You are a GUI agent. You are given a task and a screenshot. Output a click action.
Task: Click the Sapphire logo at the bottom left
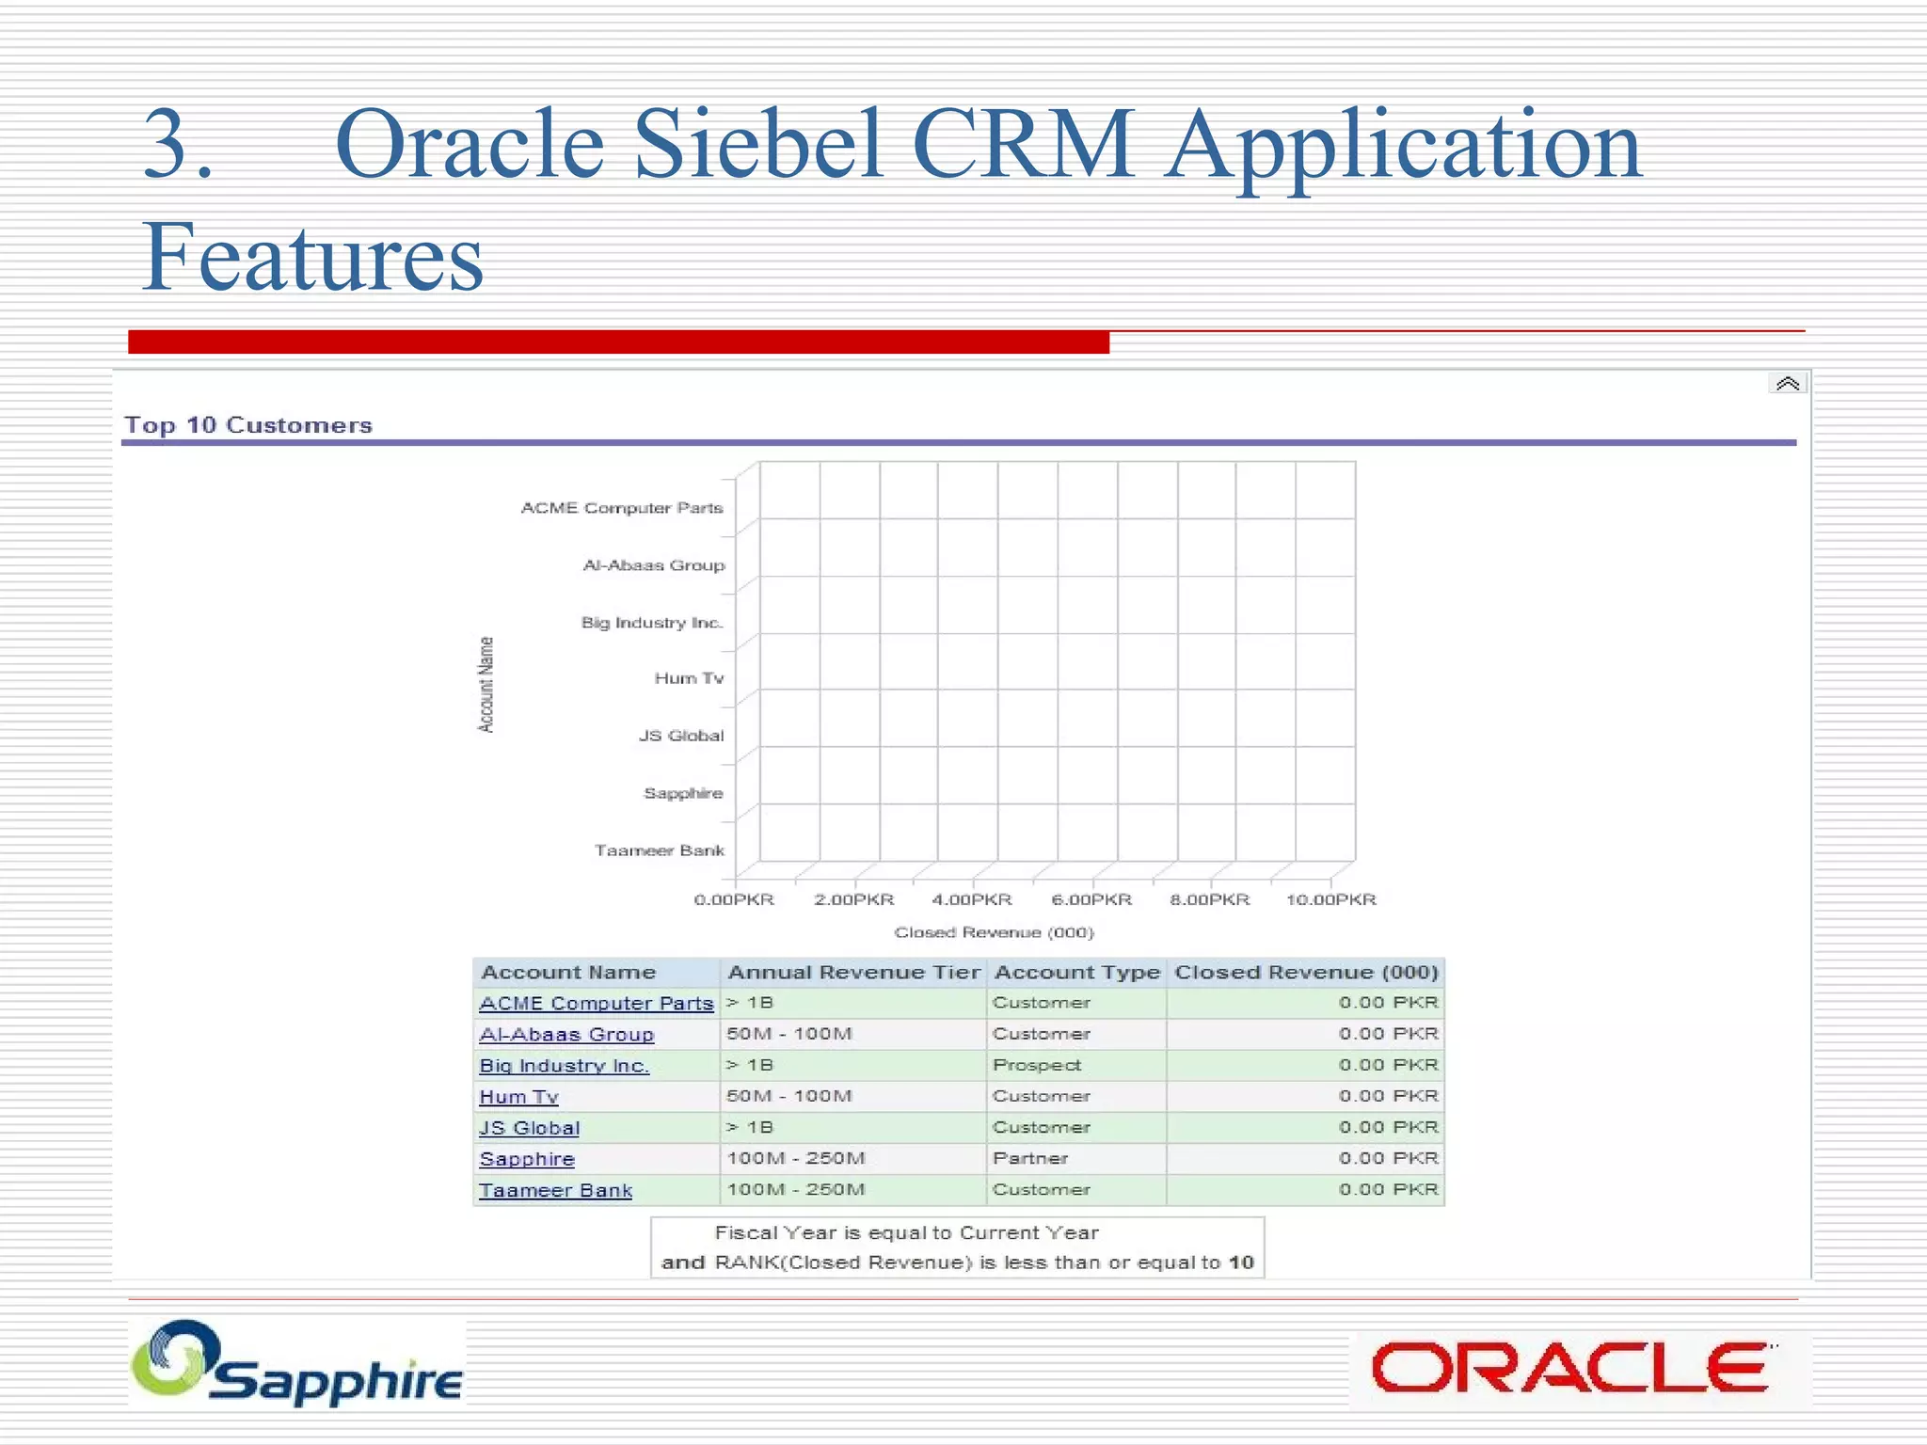pos(297,1364)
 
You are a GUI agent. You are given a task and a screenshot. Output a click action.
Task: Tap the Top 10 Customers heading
pos(248,425)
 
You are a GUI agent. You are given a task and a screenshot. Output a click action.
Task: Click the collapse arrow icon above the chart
pos(1787,384)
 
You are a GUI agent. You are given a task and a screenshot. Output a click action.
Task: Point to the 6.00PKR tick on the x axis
pos(1091,899)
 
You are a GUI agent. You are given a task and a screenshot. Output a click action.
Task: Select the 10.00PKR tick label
pos(1330,899)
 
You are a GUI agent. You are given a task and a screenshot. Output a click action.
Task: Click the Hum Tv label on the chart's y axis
pos(689,678)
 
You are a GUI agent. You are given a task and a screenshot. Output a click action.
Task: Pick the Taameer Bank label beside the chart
pos(659,850)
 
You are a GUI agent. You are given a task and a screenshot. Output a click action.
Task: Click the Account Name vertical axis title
pos(486,684)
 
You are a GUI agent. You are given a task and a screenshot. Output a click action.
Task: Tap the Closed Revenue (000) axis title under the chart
pos(994,932)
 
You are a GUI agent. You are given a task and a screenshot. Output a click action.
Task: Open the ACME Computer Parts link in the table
pos(597,1004)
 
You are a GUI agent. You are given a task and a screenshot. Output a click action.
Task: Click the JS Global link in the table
pos(530,1128)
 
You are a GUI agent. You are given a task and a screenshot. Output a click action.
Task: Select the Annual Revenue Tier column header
pos(853,973)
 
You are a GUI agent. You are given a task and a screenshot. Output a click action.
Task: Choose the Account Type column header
pos(1076,973)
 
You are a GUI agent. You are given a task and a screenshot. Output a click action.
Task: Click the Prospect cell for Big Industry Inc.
pos(1037,1065)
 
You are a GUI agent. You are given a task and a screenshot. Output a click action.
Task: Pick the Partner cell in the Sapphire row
pos(1030,1158)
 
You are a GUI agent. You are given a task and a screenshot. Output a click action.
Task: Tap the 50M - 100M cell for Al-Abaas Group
pos(789,1034)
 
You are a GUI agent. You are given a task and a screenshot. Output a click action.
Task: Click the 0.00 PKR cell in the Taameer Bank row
pos(1388,1189)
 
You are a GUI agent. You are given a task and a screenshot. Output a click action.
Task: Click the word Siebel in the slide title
pos(758,145)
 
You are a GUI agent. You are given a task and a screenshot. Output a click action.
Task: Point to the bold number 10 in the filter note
pos(1241,1262)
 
